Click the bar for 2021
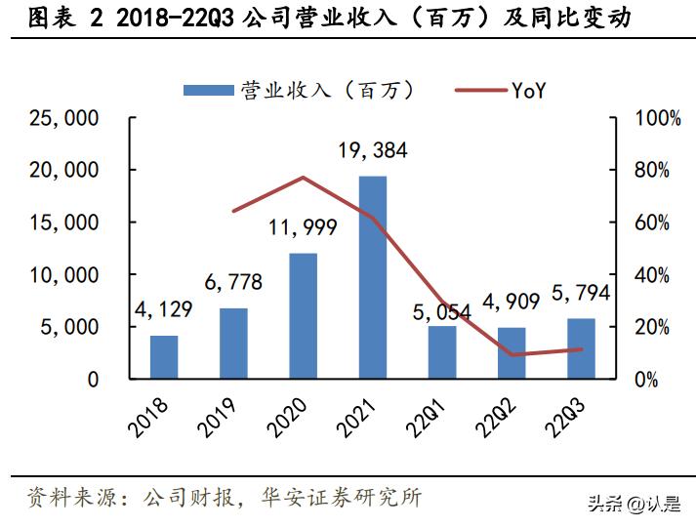coord(373,277)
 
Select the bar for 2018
coord(164,356)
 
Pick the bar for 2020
coord(304,315)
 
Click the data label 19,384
coord(373,151)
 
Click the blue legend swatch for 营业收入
coord(208,91)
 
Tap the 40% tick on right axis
coord(652,275)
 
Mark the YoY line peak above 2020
coord(304,178)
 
